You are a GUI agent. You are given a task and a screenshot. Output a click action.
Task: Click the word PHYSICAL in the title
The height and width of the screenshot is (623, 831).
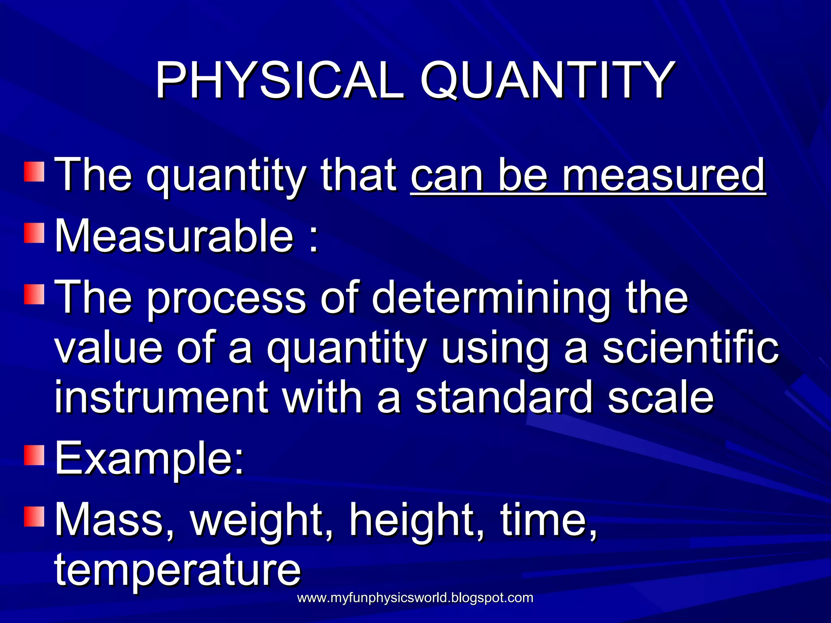(x=280, y=80)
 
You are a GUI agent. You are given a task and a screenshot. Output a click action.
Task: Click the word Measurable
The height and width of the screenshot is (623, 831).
(x=174, y=236)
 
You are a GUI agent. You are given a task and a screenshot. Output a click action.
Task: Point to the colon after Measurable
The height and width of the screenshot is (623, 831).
(x=313, y=239)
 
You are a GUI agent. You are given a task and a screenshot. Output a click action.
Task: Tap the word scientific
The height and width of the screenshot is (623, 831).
(x=690, y=348)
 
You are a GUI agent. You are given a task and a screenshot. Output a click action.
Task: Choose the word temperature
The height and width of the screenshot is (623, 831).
(x=177, y=570)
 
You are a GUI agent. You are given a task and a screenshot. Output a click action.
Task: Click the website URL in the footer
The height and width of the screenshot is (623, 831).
(x=415, y=598)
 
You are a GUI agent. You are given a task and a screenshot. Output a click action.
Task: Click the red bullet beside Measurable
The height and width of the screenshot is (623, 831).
(x=34, y=233)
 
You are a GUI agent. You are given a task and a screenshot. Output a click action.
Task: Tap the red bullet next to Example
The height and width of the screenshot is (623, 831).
(x=34, y=455)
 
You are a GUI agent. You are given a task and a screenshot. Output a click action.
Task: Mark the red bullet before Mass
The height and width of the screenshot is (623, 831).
(x=34, y=516)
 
